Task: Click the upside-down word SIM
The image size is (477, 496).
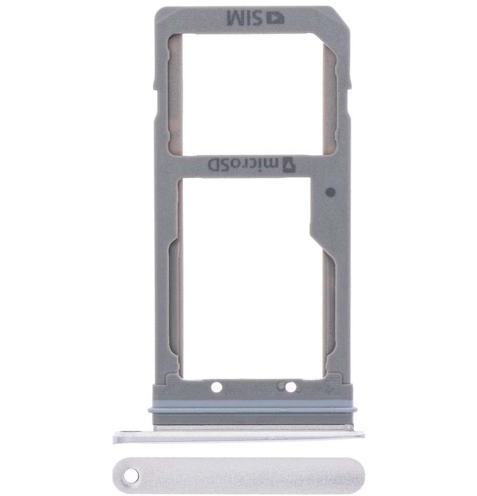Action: [246, 18]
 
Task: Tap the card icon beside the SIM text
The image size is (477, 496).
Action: [276, 18]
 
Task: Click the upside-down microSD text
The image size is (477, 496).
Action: [242, 164]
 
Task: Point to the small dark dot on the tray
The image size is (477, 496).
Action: [330, 192]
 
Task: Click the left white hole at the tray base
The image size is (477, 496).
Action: [216, 387]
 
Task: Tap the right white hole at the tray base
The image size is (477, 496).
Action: [291, 387]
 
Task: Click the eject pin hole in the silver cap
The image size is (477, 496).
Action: [130, 474]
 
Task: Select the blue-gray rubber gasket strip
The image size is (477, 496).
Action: [250, 406]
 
